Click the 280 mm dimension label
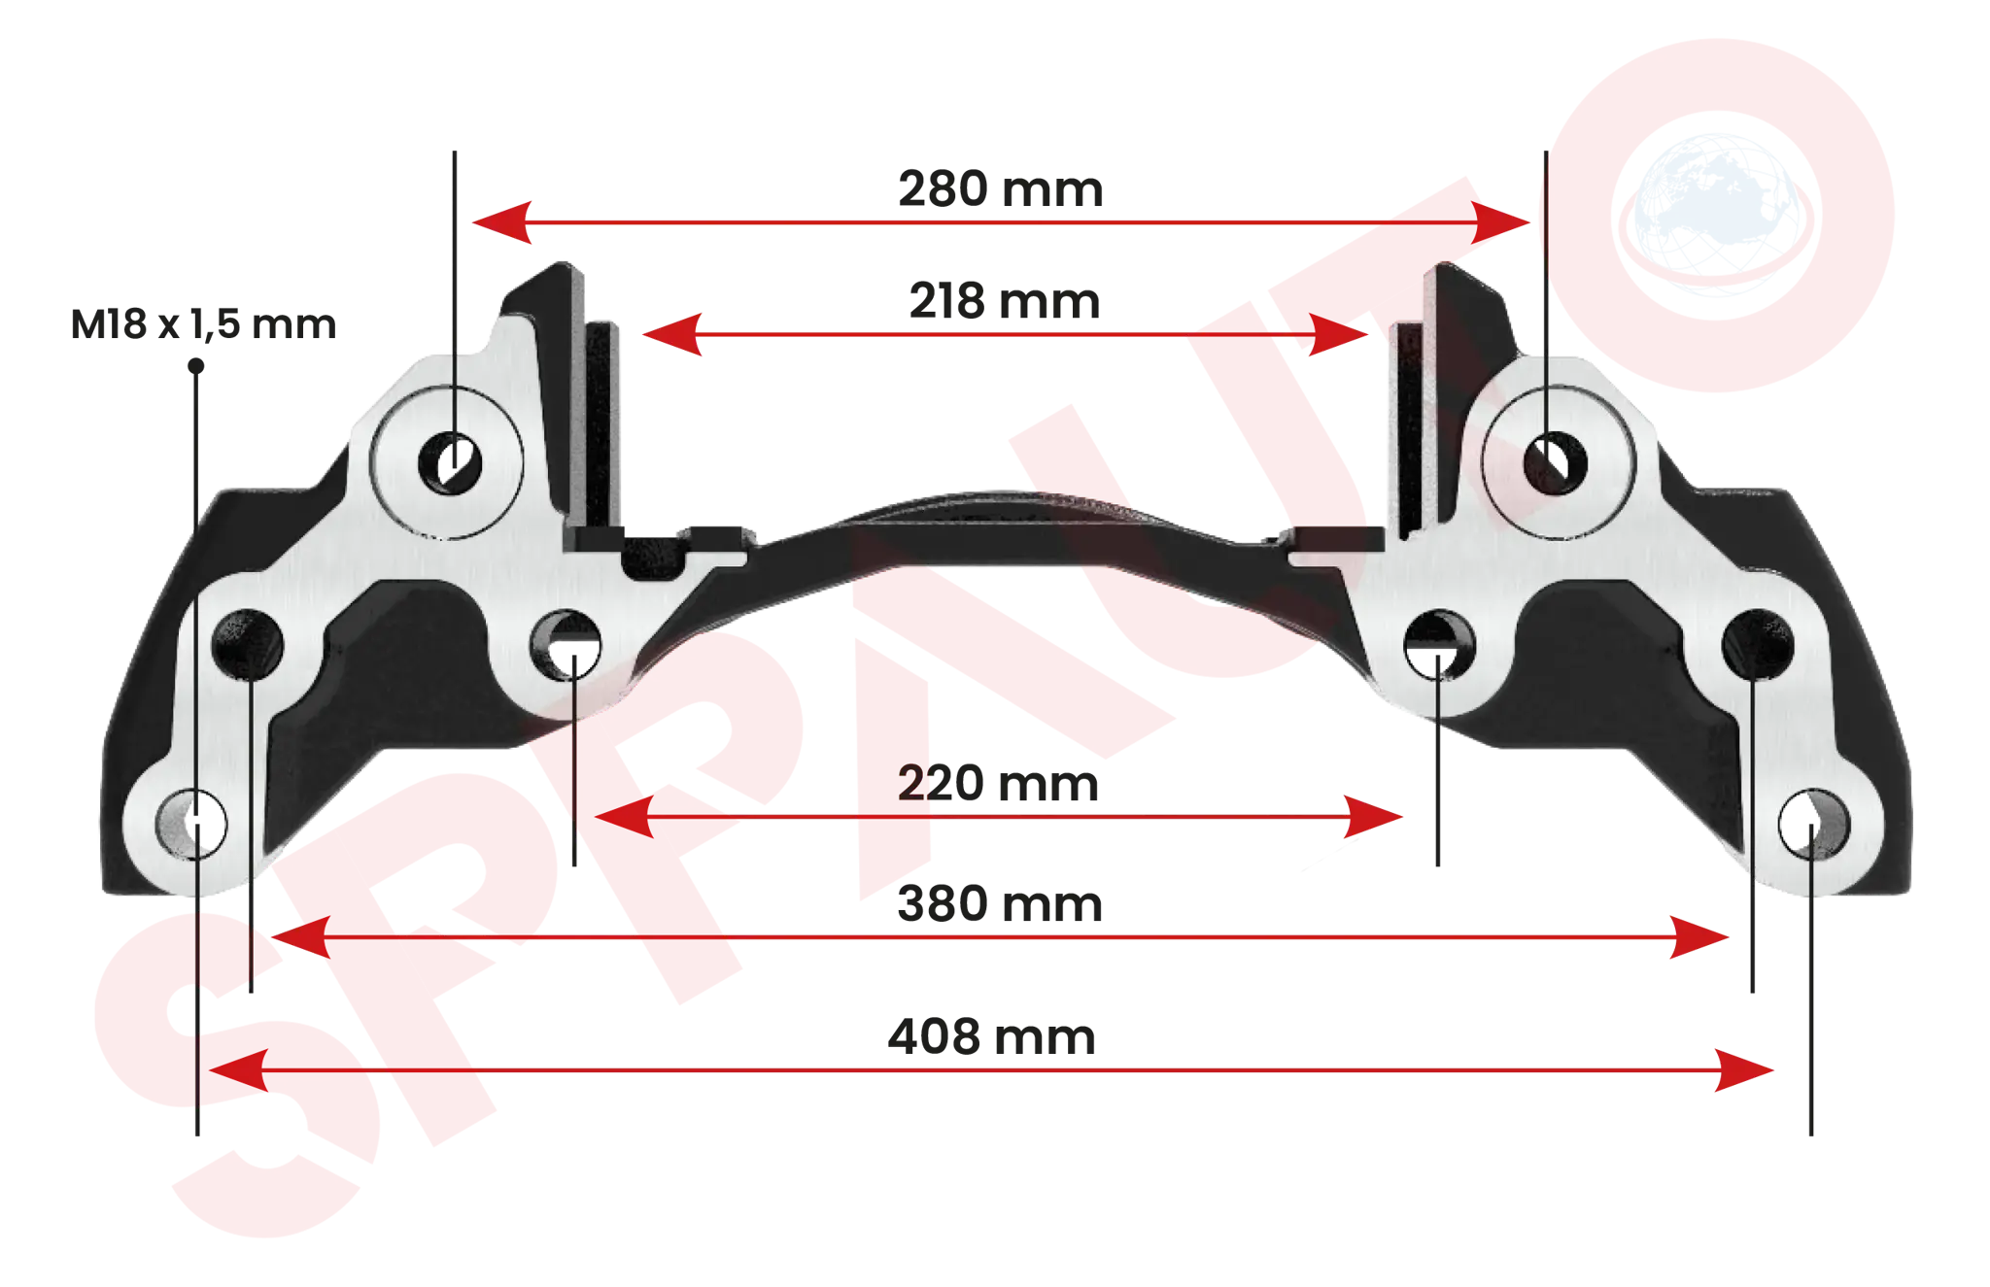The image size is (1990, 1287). [1000, 188]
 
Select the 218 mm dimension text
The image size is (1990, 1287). [1004, 301]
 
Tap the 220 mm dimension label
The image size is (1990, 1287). [998, 783]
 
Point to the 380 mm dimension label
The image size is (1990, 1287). [999, 903]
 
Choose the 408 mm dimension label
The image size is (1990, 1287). [991, 1036]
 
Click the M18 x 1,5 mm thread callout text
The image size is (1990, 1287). [203, 323]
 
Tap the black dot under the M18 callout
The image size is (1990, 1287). [196, 366]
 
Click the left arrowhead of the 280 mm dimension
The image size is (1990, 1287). [501, 222]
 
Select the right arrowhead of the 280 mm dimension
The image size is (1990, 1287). [1500, 222]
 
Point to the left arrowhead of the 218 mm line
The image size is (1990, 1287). [672, 334]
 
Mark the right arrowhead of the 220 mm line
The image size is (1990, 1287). [1373, 817]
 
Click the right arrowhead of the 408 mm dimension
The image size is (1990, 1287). [1744, 1070]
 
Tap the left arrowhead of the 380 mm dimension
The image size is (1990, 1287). [300, 937]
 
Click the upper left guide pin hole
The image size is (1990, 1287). [449, 462]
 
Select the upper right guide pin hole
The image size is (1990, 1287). [1555, 463]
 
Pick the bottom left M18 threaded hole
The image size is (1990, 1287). [191, 824]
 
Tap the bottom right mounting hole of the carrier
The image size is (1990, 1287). [1814, 824]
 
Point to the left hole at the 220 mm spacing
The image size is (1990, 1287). [566, 645]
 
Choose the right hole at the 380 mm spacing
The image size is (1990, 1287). [1757, 645]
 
